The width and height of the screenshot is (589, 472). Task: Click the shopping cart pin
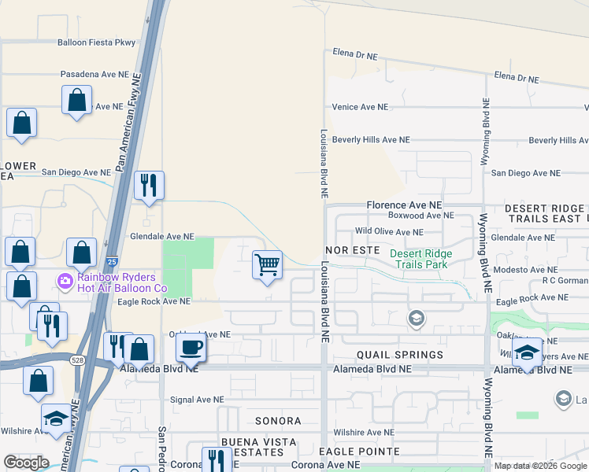(268, 265)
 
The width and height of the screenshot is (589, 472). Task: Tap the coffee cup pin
(191, 347)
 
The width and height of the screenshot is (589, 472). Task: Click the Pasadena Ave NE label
(94, 74)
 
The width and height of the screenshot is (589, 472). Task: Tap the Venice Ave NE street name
(360, 107)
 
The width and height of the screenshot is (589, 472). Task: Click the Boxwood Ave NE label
(421, 215)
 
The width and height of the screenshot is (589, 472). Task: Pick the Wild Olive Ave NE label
(388, 232)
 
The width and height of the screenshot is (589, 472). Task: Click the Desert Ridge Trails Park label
(421, 259)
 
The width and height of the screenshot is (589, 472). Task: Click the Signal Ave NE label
(197, 400)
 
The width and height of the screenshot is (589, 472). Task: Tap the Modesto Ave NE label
(524, 269)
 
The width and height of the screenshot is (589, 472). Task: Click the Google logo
(26, 463)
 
